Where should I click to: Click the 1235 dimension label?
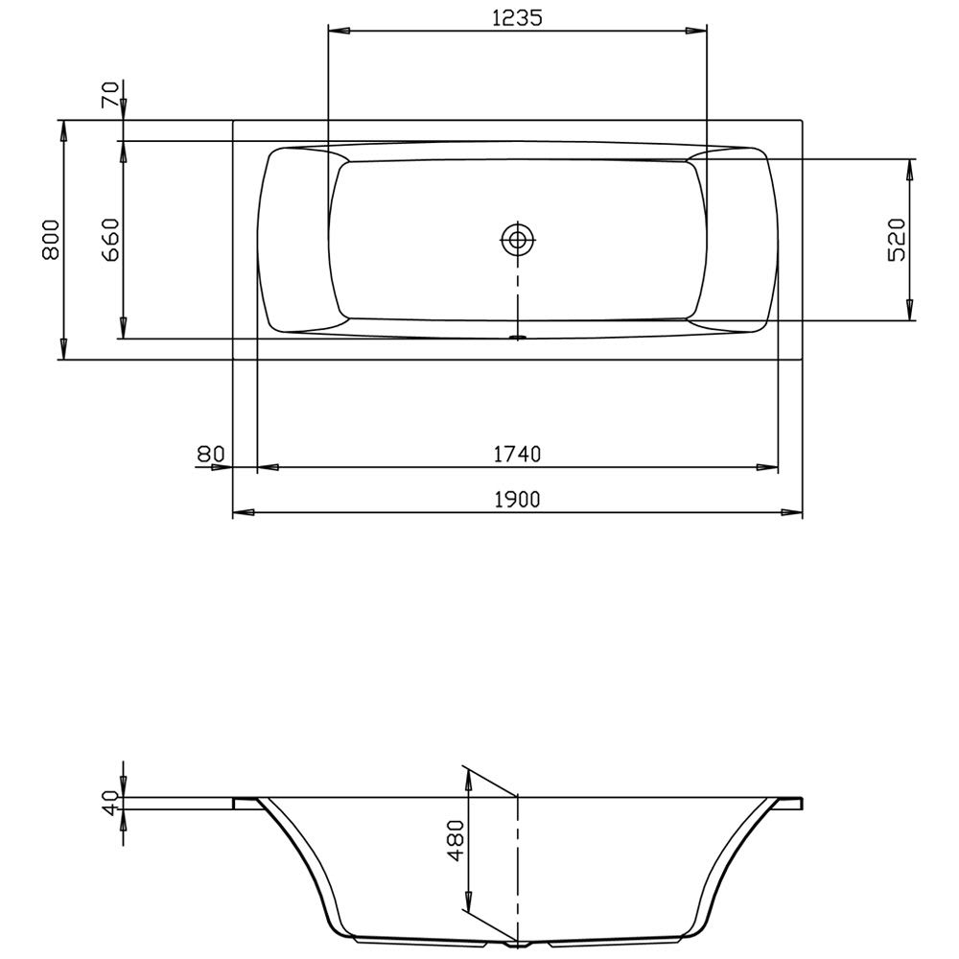517,18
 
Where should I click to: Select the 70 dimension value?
110,94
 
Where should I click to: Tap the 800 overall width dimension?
52,240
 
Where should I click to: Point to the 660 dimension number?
110,240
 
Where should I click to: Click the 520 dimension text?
897,240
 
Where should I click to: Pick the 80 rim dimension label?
211,454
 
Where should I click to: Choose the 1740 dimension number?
518,454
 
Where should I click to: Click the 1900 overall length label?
518,500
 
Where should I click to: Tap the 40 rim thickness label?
110,803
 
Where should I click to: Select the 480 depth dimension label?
456,840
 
